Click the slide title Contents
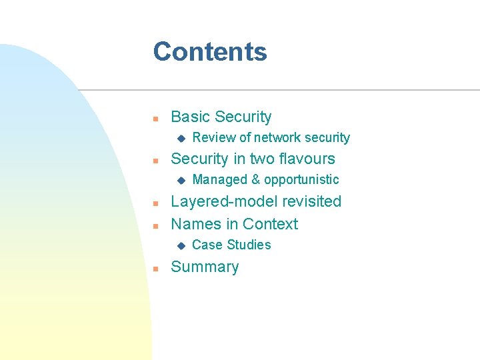[210, 52]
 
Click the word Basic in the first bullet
[190, 117]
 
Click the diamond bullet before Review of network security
[180, 139]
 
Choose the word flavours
[304, 159]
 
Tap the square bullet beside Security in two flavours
[155, 161]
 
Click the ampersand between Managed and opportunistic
[255, 180]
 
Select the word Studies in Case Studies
[249, 245]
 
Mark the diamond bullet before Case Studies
[180, 245]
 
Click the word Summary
[205, 267]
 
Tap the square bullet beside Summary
[155, 269]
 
